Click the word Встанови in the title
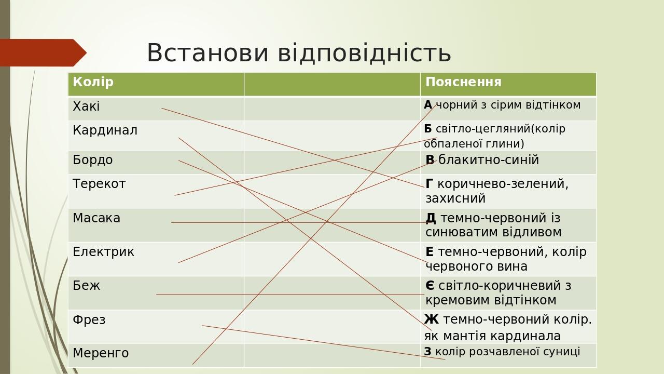(207, 53)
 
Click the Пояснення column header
(463, 82)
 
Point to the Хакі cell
(86, 106)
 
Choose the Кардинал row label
(105, 130)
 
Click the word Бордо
(92, 160)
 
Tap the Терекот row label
(99, 184)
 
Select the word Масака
(96, 218)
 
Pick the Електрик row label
(103, 252)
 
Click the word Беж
(86, 286)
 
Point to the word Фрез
(89, 320)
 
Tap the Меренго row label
(101, 353)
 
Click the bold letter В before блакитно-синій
(430, 160)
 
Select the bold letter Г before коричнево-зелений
(429, 184)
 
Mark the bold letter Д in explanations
(431, 218)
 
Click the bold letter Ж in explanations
(431, 319)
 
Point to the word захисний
(455, 198)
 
